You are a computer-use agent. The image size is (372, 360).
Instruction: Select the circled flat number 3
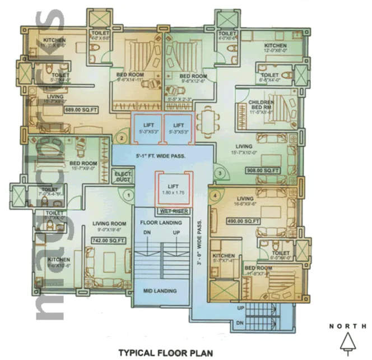coord(220,173)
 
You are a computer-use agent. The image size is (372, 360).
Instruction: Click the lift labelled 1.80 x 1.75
coord(173,189)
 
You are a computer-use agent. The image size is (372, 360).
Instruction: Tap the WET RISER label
coord(172,212)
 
